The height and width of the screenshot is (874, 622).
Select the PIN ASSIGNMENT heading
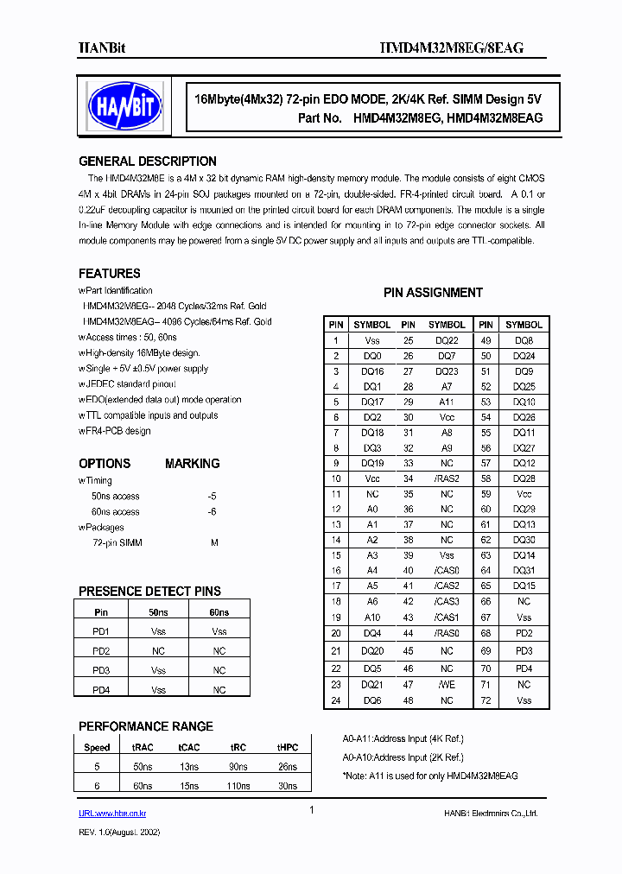(x=433, y=293)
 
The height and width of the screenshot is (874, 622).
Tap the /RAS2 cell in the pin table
(x=447, y=478)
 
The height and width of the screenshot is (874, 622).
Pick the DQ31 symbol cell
(x=524, y=570)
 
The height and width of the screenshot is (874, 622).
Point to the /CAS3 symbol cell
(x=447, y=601)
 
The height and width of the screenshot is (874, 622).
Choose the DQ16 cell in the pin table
(x=372, y=371)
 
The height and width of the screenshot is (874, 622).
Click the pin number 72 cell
(x=486, y=700)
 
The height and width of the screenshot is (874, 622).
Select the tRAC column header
(x=143, y=748)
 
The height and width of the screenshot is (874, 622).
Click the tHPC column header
(x=287, y=748)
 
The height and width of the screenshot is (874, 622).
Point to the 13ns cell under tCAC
(x=190, y=767)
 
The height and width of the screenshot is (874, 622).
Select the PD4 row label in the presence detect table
(x=101, y=690)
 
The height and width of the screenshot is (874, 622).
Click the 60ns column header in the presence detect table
(x=219, y=612)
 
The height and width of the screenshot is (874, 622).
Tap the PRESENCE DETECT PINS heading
(x=149, y=592)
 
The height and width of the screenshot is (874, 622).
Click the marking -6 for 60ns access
(x=212, y=512)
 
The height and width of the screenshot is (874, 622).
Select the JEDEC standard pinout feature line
(x=129, y=384)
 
